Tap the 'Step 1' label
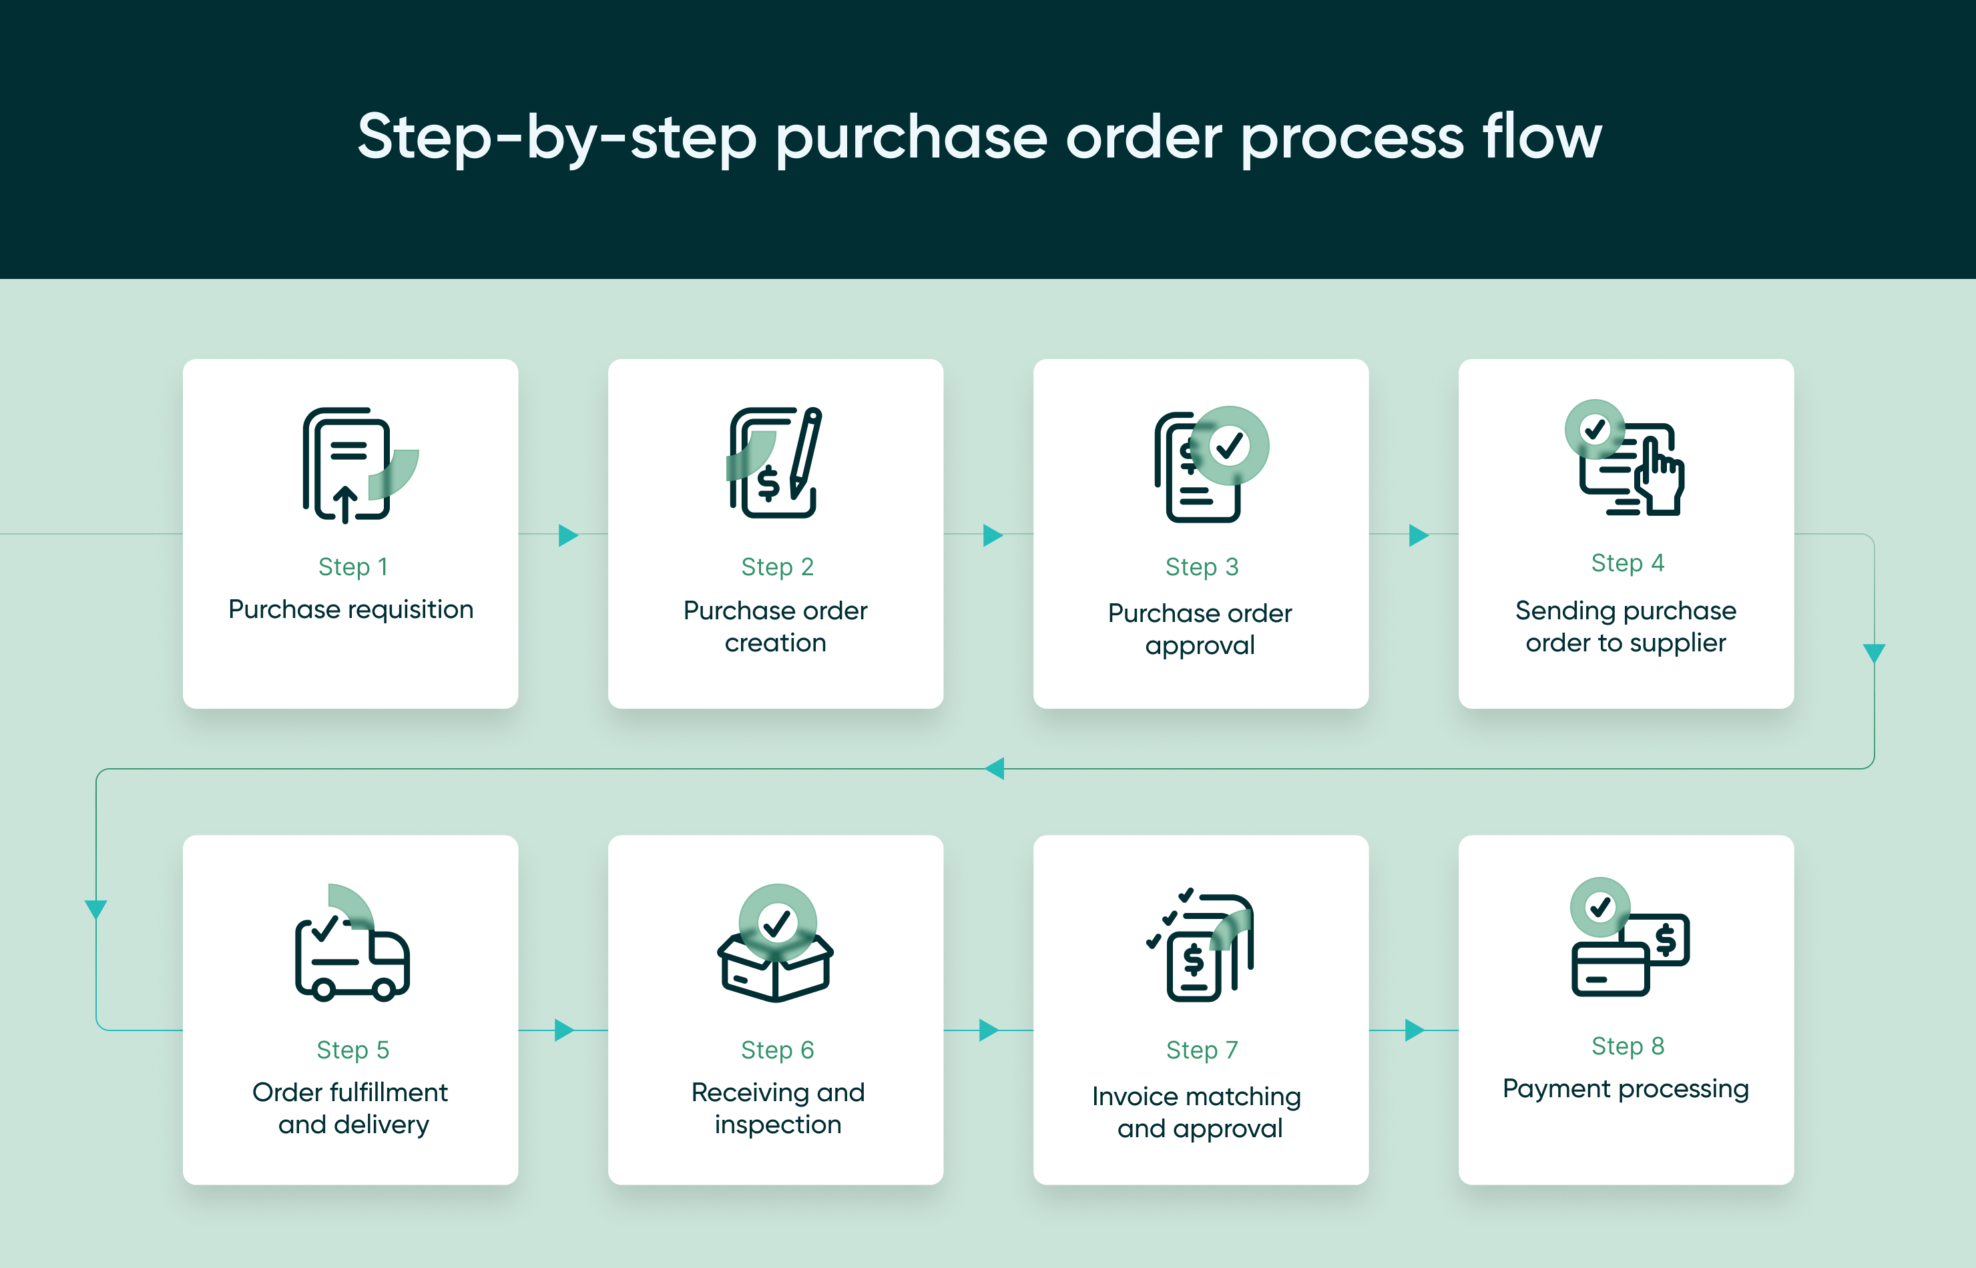coord(352,567)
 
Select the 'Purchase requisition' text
coord(351,609)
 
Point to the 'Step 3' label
coord(1202,567)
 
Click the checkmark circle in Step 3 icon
coord(1230,445)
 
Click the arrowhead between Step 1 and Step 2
coord(567,535)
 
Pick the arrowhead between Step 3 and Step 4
coord(1417,535)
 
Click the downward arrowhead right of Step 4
coord(1874,653)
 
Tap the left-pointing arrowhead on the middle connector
coord(995,768)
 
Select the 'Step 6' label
coord(777,1050)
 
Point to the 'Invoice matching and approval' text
coord(1199,1112)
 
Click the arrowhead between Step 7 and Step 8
coord(1413,1030)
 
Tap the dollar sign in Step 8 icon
coord(1666,938)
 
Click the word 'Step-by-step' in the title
coord(557,137)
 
